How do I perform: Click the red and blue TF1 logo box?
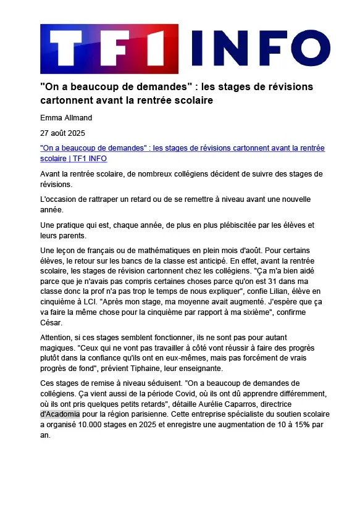109,49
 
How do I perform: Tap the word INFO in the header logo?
253,49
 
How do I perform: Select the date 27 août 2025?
62,133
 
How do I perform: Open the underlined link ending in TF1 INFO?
182,153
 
